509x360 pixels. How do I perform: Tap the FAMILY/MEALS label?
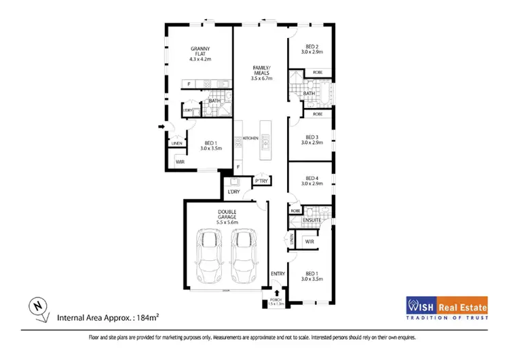[261, 70]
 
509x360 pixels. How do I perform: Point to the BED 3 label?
[312, 136]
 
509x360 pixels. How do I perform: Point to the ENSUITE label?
[312, 221]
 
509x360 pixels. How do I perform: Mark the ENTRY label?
[278, 274]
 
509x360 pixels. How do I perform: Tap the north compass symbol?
[39, 308]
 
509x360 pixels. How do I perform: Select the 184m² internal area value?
[140, 317]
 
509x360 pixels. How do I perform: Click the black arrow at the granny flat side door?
[161, 126]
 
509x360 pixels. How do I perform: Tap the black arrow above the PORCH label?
[276, 292]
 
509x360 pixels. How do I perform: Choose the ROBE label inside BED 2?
[318, 72]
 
